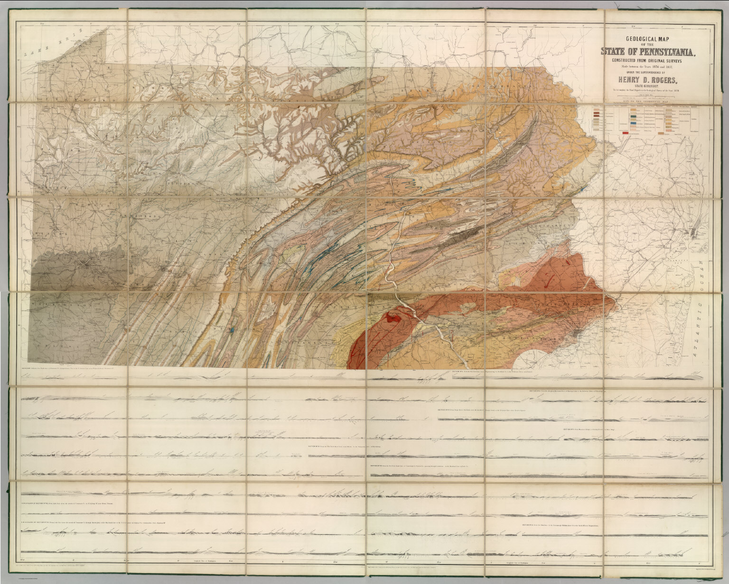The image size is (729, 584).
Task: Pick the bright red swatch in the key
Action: coord(625,133)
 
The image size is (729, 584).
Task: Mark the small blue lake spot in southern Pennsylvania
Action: coord(231,329)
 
